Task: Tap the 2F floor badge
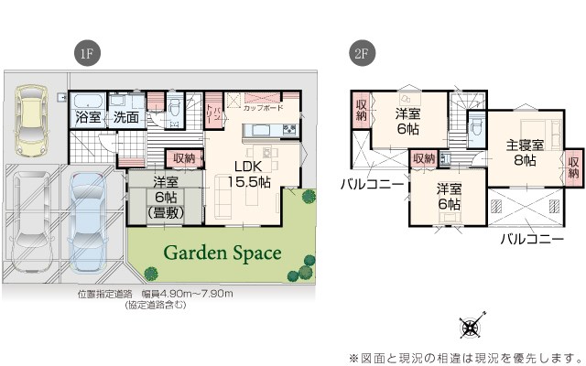pyautogui.click(x=360, y=54)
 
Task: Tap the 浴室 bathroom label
pyautogui.click(x=89, y=118)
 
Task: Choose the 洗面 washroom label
pyautogui.click(x=125, y=118)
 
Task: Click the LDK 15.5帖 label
pyautogui.click(x=252, y=174)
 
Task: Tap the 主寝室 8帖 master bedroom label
pyautogui.click(x=525, y=152)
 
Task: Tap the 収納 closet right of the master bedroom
pyautogui.click(x=573, y=167)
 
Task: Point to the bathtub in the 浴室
pyautogui.click(x=89, y=101)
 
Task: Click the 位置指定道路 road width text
pyautogui.click(x=156, y=294)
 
